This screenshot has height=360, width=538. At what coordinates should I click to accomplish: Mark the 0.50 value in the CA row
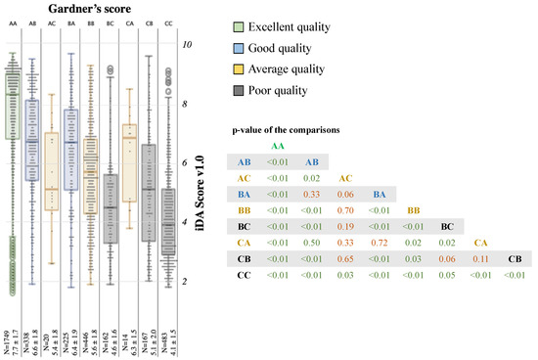click(x=312, y=242)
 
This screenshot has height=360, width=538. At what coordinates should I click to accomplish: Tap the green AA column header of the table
click(x=278, y=145)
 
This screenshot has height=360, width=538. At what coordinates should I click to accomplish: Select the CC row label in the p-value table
click(x=245, y=275)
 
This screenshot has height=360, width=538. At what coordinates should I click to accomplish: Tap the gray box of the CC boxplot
click(x=169, y=221)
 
